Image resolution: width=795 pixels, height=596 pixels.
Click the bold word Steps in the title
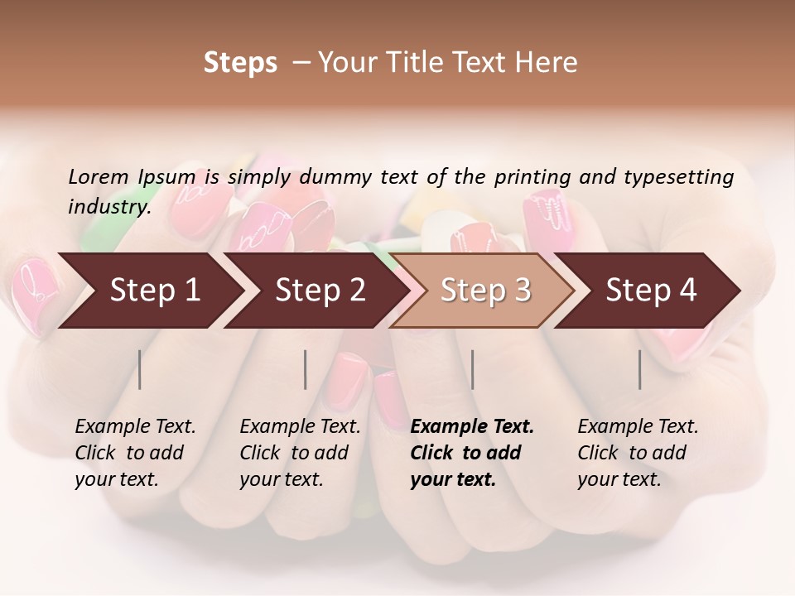click(x=240, y=63)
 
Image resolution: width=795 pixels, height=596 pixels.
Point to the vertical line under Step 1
click(x=140, y=369)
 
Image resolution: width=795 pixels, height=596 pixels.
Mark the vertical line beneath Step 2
click(x=306, y=369)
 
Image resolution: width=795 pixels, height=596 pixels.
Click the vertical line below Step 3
click(x=473, y=369)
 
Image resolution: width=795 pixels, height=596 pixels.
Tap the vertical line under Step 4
click(x=640, y=369)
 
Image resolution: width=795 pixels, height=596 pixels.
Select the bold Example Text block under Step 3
click(x=472, y=453)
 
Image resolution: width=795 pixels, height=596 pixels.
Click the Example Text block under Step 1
click(x=135, y=453)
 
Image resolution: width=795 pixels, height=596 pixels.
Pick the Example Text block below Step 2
click(x=300, y=453)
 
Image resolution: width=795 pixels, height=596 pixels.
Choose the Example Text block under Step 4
click(x=638, y=453)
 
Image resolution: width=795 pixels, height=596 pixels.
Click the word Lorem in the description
click(x=99, y=177)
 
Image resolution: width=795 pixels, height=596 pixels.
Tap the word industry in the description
click(x=108, y=207)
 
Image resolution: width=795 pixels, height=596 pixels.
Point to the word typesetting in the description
click(x=679, y=177)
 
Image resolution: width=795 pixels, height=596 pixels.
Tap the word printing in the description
click(x=532, y=177)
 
